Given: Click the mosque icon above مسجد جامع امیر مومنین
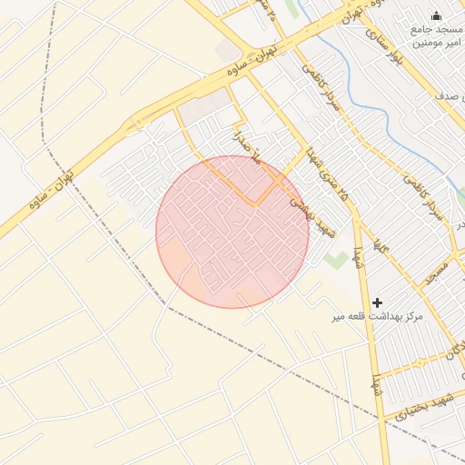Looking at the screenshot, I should tap(435, 15).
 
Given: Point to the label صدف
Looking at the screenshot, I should tap(449, 94).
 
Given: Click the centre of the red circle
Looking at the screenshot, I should tap(232, 232).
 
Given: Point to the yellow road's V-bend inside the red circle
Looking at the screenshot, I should tap(257, 203).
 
